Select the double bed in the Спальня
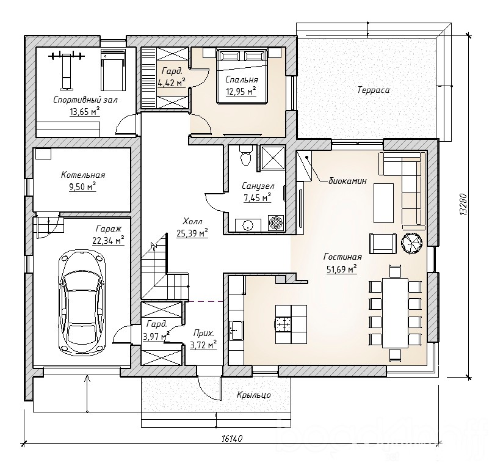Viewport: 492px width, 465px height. coord(242,76)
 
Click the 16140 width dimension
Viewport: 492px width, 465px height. coord(232,438)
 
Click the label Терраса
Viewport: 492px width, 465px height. coord(374,90)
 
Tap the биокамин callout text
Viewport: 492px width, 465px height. coord(347,181)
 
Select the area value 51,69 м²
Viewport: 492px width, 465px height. coord(342,269)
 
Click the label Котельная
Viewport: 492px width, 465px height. coord(83,175)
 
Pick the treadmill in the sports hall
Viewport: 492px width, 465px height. coord(114,70)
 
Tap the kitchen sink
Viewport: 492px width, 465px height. coord(237,331)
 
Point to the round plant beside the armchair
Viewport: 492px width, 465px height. coord(412,243)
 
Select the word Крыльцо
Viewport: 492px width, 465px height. coord(253,395)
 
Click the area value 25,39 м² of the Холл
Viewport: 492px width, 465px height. coord(192,233)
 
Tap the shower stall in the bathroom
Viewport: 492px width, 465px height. coord(272,158)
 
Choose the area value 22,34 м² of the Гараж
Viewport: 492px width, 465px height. coord(108,240)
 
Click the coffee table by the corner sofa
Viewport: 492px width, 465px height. coord(383,203)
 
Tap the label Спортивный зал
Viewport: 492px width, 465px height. coord(85,100)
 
